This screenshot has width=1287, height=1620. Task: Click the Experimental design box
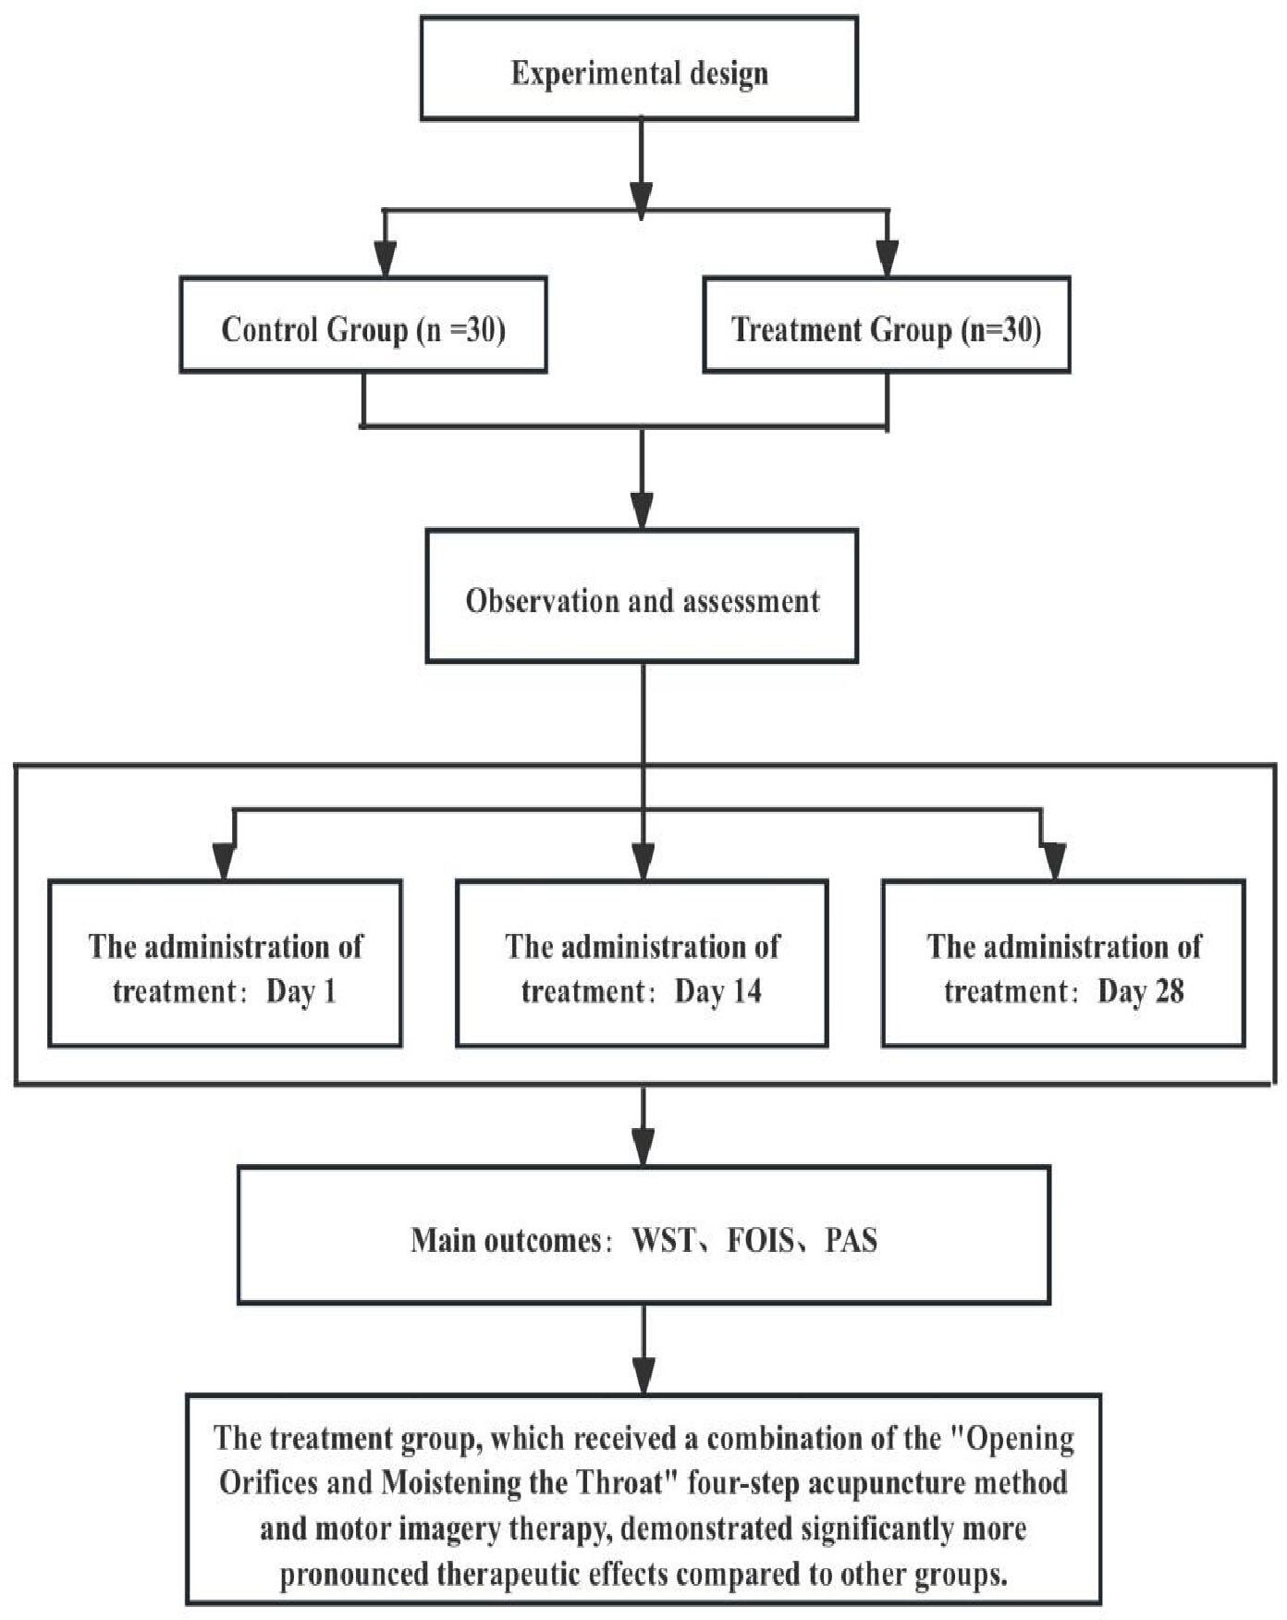click(639, 68)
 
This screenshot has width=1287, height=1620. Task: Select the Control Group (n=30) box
click(363, 325)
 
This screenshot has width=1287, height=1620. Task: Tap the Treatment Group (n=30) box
click(887, 325)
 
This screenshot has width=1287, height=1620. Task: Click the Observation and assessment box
click(642, 595)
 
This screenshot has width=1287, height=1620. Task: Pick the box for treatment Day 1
click(225, 963)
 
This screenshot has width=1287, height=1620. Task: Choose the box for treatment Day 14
click(642, 963)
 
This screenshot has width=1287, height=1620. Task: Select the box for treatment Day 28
click(1063, 963)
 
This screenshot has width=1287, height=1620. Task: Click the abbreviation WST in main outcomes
click(663, 1240)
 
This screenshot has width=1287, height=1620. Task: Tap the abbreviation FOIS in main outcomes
click(760, 1240)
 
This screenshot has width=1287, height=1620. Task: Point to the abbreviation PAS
click(851, 1240)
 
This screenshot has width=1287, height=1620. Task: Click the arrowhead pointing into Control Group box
click(386, 259)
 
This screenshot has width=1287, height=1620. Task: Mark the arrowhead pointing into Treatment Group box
click(887, 259)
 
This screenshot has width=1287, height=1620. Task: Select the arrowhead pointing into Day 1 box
click(225, 862)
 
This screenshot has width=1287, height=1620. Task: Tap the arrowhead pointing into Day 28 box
click(1054, 862)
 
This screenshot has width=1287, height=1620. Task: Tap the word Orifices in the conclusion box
click(268, 1482)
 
